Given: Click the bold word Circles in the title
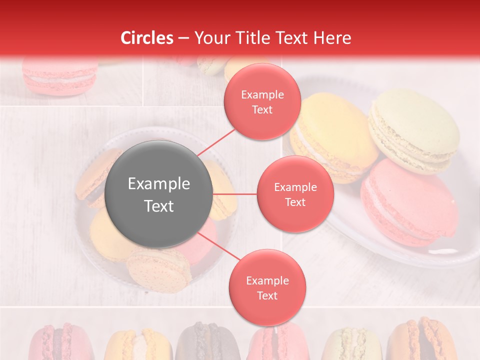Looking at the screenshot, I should (x=146, y=38).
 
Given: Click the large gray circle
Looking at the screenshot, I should (x=158, y=194).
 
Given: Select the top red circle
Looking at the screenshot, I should (x=262, y=101).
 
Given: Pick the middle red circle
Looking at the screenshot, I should (x=295, y=194).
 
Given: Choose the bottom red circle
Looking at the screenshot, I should (x=267, y=287).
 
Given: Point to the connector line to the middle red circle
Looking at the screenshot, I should (x=234, y=194).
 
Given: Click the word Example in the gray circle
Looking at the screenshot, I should (x=158, y=184).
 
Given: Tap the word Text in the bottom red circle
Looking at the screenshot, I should (x=267, y=295).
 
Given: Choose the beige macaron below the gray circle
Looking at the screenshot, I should (x=159, y=270).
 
